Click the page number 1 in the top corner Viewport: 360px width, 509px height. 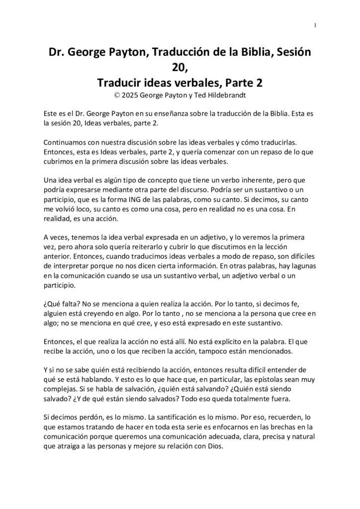point(315,25)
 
